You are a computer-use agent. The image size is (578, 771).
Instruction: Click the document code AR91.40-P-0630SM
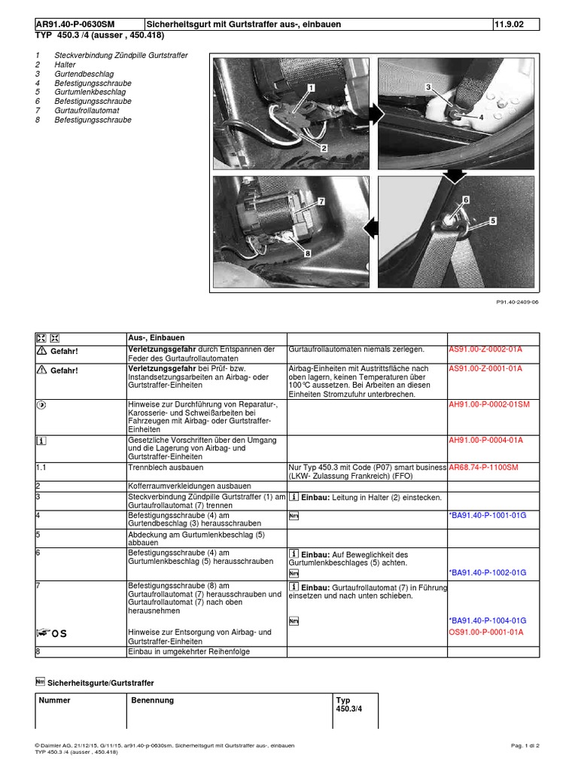(x=75, y=25)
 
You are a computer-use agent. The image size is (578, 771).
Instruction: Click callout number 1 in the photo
(x=309, y=88)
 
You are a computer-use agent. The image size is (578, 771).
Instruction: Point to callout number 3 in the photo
(x=427, y=88)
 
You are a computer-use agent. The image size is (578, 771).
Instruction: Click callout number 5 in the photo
(x=493, y=221)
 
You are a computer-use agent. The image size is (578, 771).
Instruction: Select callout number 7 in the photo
(x=321, y=202)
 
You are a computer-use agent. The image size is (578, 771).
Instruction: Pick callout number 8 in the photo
(x=308, y=254)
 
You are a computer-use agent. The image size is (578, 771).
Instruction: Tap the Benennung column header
(x=152, y=700)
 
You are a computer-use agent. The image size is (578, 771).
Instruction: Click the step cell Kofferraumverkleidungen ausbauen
(x=190, y=486)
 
